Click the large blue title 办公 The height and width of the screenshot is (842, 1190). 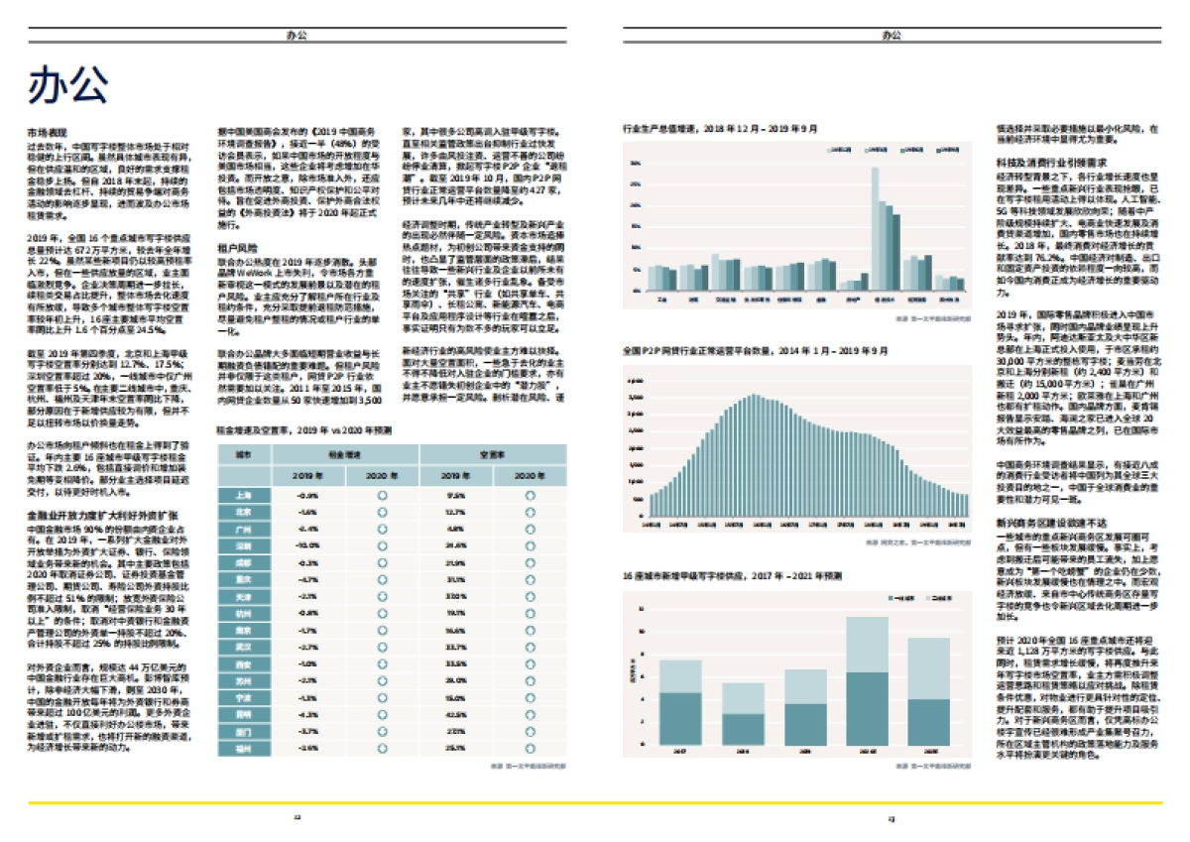tap(67, 85)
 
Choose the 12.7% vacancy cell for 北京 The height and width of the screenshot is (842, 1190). tap(455, 511)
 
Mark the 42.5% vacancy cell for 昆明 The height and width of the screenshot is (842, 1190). tap(455, 713)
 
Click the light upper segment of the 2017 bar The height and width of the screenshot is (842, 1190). tap(680, 676)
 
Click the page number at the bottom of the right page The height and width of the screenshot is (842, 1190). tap(891, 818)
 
